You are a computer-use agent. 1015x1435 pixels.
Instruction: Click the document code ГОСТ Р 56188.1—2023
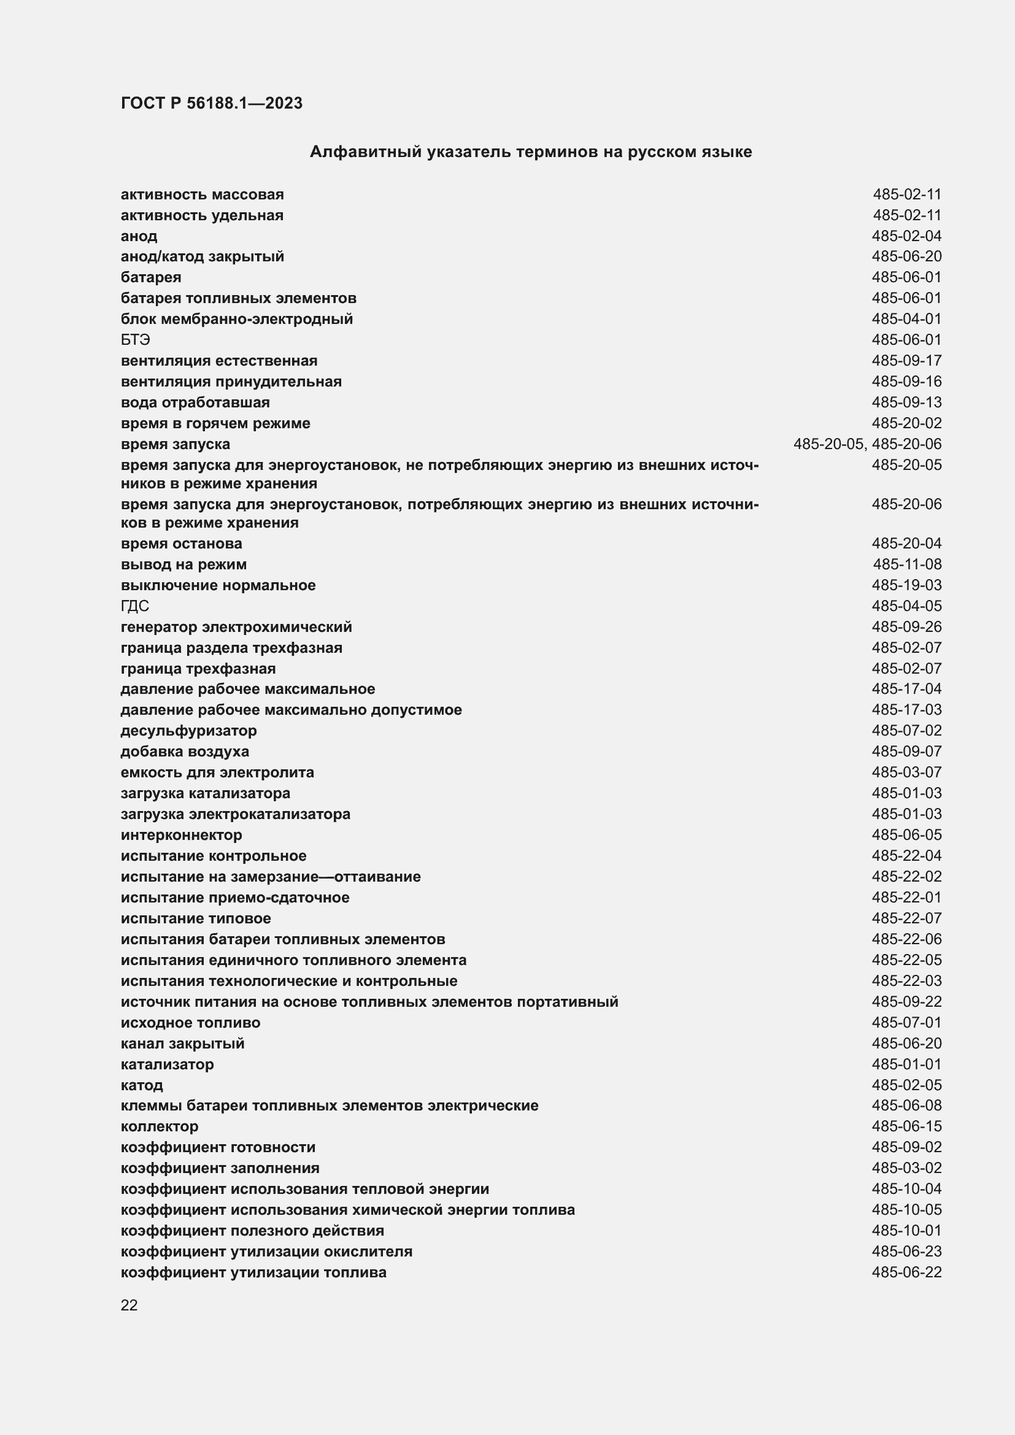pos(211,103)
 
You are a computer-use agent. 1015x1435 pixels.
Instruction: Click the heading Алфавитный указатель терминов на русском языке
pos(531,152)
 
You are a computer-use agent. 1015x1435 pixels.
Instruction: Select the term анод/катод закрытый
pos(202,256)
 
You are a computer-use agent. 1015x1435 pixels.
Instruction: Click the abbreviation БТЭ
pos(135,339)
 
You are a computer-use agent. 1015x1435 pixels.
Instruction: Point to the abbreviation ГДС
pos(134,606)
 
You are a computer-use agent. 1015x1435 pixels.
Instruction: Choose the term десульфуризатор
pos(188,730)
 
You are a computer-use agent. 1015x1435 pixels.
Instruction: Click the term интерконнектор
pos(181,834)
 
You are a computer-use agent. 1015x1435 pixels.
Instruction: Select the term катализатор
pos(167,1064)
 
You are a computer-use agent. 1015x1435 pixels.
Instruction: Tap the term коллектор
pos(160,1126)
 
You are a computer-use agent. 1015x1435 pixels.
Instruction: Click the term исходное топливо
pos(190,1023)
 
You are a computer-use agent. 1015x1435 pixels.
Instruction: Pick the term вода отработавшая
pos(195,402)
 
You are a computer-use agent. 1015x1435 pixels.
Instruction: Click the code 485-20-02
pos(906,423)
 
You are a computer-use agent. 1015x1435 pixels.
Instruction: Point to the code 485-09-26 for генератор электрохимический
pos(906,627)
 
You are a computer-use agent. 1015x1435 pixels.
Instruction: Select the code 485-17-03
pos(906,709)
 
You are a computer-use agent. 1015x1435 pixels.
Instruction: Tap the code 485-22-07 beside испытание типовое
pos(906,918)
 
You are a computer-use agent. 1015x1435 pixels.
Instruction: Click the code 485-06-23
pos(906,1251)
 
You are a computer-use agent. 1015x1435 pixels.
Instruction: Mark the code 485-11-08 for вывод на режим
pos(907,564)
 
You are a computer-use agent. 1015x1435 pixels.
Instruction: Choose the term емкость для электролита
pos(217,772)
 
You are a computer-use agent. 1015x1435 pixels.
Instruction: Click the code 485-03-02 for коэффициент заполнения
pos(906,1168)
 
